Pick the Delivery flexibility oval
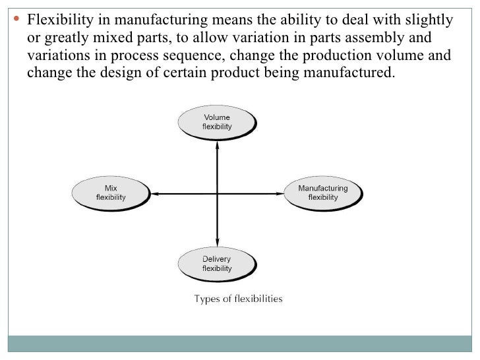tap(216, 264)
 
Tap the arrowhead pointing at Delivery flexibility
tap(216, 244)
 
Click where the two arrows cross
tap(216, 193)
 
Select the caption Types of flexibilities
tap(237, 299)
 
